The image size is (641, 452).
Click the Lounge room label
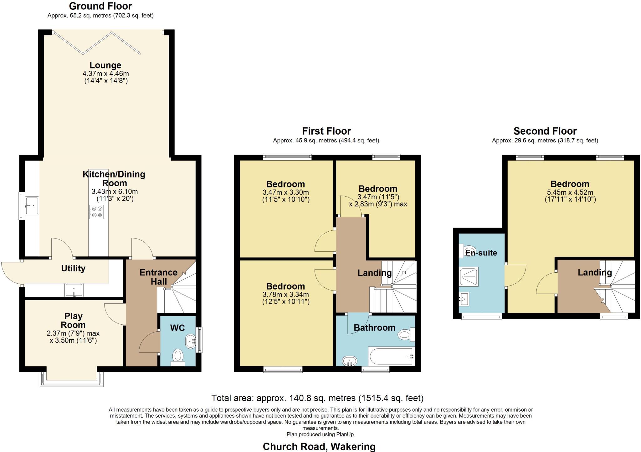click(105, 65)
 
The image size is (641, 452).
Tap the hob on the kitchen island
click(96, 212)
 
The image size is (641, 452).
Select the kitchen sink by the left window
click(32, 206)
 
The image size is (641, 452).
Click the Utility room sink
click(74, 290)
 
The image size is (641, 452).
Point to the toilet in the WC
click(178, 357)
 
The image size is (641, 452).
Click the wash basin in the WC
click(191, 341)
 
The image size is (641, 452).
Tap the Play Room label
click(73, 321)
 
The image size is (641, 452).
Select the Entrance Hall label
click(158, 277)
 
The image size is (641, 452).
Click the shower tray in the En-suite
click(469, 276)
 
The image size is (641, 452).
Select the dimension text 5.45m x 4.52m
click(570, 193)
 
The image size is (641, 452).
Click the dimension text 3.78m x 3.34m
click(285, 295)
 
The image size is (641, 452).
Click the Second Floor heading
click(545, 131)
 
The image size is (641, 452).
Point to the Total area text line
click(317, 398)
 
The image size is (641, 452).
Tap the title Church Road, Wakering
click(319, 446)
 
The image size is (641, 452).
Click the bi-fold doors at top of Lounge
click(97, 43)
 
